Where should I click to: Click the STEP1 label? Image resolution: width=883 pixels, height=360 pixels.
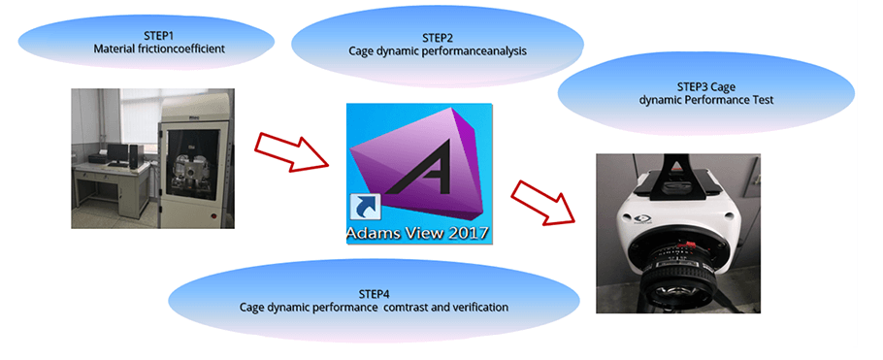coord(146,37)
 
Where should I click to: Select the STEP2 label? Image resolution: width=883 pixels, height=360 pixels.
coord(438,38)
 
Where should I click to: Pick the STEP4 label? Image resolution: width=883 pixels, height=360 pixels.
coord(375,295)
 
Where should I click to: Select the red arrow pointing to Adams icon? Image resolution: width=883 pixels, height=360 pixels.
coord(291,150)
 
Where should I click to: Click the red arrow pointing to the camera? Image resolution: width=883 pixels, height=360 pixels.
coord(543,204)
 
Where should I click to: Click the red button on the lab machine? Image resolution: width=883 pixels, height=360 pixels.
coord(213,216)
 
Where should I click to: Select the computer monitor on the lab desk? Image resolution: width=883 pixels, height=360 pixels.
coord(118,152)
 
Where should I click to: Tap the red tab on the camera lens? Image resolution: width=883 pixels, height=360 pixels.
coord(685,243)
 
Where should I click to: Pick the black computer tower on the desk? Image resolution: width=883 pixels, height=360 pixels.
coord(133,154)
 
